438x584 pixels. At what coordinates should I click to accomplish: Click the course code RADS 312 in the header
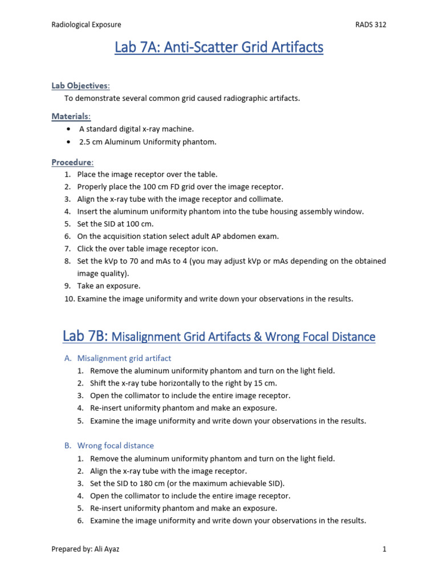pyautogui.click(x=370, y=25)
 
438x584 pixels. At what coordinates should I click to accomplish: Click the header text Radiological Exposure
pyautogui.click(x=86, y=25)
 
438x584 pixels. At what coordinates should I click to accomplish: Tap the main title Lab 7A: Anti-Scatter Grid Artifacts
pyautogui.click(x=219, y=48)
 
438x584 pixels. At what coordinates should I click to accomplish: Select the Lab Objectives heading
pyautogui.click(x=80, y=86)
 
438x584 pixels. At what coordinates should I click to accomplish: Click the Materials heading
pyautogui.click(x=71, y=116)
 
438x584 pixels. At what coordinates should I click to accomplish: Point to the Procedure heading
pyautogui.click(x=73, y=162)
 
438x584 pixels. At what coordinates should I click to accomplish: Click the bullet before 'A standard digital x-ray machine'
pyautogui.click(x=69, y=129)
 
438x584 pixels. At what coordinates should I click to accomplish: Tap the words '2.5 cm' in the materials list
pyautogui.click(x=90, y=142)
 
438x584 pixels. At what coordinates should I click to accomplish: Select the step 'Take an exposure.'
pyautogui.click(x=108, y=286)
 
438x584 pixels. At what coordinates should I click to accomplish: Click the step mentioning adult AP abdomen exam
pyautogui.click(x=178, y=236)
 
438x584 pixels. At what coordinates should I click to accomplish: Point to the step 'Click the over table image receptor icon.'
pyautogui.click(x=147, y=249)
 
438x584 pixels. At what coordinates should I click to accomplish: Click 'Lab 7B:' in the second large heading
pyautogui.click(x=86, y=336)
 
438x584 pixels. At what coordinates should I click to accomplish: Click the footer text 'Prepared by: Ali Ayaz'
pyautogui.click(x=86, y=549)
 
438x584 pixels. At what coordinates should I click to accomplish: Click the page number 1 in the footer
pyautogui.click(x=384, y=549)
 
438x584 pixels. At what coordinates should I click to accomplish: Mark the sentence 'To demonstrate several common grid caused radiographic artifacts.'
pyautogui.click(x=182, y=98)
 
